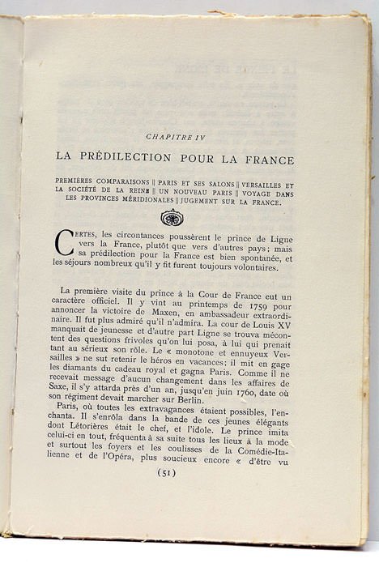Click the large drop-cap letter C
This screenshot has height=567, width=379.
tap(63, 244)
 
